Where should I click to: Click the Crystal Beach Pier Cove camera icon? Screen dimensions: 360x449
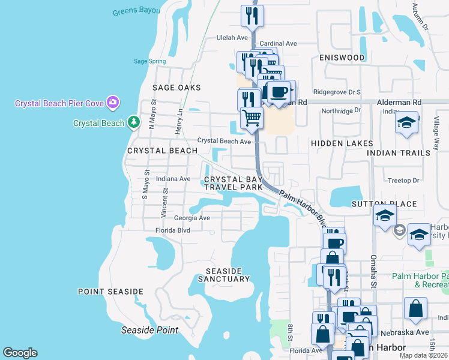click(x=112, y=103)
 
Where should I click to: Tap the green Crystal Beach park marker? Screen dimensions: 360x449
click(x=134, y=123)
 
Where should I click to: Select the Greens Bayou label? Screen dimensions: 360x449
click(x=137, y=11)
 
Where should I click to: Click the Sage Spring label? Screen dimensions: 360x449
click(x=149, y=61)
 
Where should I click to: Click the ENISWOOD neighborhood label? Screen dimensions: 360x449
click(x=342, y=58)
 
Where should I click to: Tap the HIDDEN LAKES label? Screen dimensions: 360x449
click(x=342, y=143)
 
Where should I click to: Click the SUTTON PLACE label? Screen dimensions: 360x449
click(x=384, y=204)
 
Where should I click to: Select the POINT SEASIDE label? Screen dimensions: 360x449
click(x=111, y=292)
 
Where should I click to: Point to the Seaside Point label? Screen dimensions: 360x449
click(x=149, y=330)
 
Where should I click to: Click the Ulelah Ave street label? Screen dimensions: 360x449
click(x=232, y=37)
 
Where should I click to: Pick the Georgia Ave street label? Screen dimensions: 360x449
click(x=192, y=218)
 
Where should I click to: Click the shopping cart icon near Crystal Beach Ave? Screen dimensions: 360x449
click(x=252, y=117)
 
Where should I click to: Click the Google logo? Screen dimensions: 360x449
click(x=20, y=353)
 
